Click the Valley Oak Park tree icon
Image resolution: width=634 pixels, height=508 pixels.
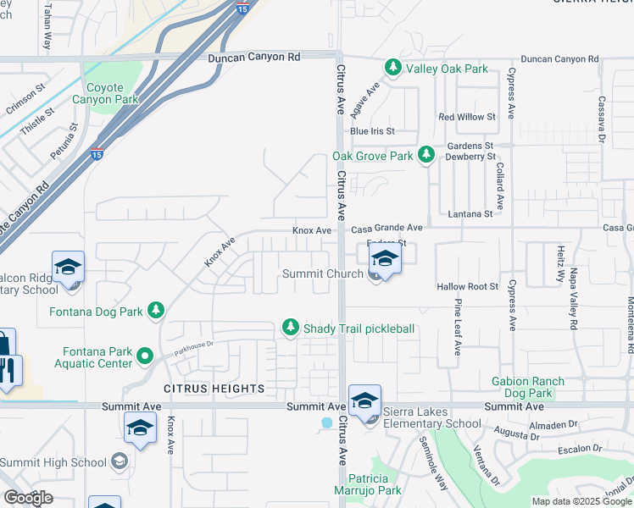392,68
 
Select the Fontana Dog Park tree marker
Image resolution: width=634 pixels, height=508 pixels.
155,311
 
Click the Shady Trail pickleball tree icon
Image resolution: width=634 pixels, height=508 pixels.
291,328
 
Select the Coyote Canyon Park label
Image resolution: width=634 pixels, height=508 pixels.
112,93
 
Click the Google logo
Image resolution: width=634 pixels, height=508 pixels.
28,498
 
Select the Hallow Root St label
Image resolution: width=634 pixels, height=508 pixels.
467,287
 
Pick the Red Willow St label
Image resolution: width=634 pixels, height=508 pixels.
466,116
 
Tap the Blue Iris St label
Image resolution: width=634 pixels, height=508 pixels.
372,131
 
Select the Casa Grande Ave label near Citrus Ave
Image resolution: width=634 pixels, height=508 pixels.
387,229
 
